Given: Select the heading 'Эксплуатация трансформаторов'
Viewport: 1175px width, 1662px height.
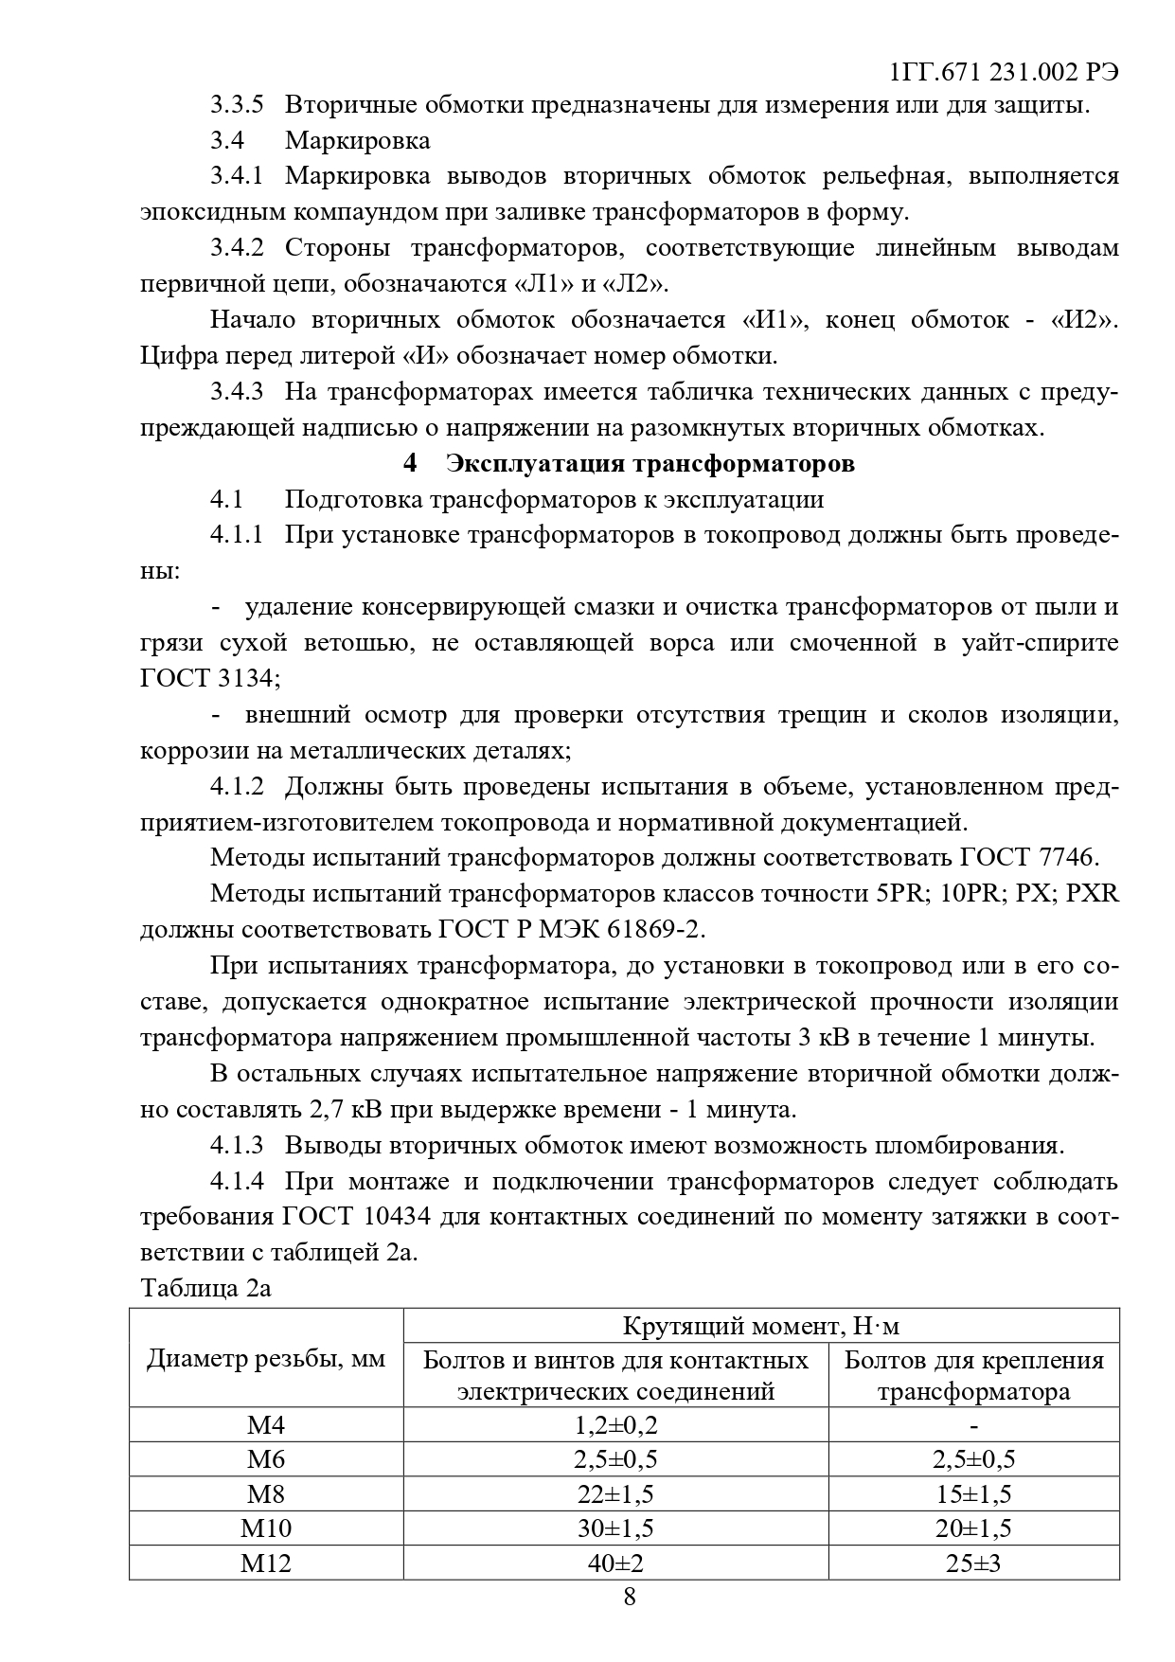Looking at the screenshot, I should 650,463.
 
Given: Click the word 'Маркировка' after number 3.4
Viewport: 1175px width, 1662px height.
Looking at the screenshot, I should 357,140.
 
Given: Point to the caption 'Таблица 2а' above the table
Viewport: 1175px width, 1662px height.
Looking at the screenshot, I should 205,1288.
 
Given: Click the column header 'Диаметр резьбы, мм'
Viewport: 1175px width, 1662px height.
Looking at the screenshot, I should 266,1359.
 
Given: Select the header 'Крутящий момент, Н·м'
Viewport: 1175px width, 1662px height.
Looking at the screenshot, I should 761,1325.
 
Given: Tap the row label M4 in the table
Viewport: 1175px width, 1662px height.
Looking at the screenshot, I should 266,1425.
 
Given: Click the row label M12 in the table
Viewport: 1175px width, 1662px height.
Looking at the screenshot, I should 266,1562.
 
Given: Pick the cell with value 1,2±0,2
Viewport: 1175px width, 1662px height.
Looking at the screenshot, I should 615,1425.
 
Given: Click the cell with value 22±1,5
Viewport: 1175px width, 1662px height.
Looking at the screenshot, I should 615,1493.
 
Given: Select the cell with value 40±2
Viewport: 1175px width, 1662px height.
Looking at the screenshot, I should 615,1562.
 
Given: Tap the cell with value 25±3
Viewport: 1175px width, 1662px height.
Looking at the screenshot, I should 973,1562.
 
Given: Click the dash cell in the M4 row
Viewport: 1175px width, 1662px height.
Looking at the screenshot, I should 973,1425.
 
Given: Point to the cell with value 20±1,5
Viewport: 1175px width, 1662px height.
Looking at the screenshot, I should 973,1528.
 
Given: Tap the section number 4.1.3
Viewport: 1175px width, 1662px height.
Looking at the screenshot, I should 237,1145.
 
